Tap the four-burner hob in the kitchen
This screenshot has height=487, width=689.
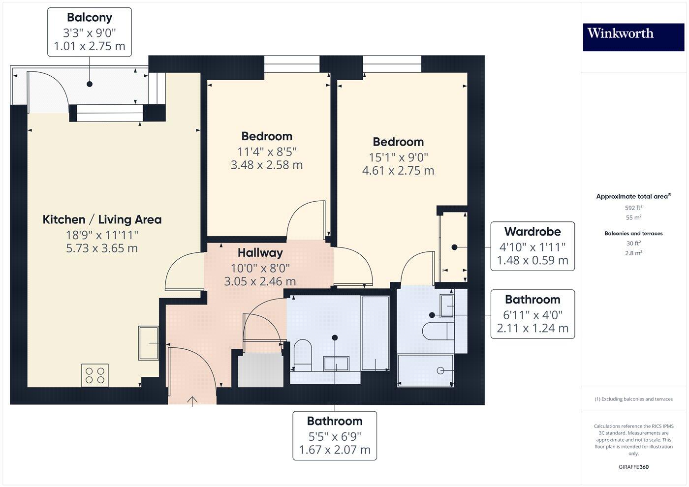(95, 375)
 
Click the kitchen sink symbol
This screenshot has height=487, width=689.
(148, 343)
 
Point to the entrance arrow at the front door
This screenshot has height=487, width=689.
(192, 401)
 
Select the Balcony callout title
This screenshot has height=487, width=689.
(89, 18)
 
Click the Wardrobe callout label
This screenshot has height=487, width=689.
(532, 232)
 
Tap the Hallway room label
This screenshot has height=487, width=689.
(260, 253)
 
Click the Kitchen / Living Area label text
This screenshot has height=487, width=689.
(102, 220)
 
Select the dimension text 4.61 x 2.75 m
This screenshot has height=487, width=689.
(398, 171)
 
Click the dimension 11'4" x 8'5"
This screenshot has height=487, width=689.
(267, 152)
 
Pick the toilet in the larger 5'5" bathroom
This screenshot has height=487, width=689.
(302, 355)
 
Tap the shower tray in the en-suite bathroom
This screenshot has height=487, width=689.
(425, 370)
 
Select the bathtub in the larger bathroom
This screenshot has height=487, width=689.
(376, 333)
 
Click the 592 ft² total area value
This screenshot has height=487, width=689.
(633, 208)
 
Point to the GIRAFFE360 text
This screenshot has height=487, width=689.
(633, 467)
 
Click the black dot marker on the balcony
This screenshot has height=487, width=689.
(89, 84)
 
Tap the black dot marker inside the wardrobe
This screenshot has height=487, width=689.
(455, 247)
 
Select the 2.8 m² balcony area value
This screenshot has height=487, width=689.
(633, 253)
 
